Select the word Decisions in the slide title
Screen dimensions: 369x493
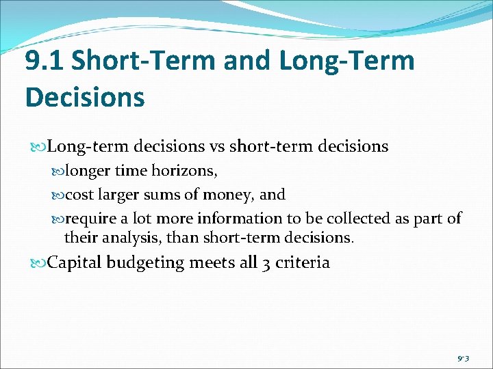85,97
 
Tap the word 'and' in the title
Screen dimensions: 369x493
248,61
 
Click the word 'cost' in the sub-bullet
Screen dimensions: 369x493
79,195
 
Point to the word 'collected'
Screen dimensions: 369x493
355,219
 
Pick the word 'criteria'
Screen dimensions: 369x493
302,262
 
